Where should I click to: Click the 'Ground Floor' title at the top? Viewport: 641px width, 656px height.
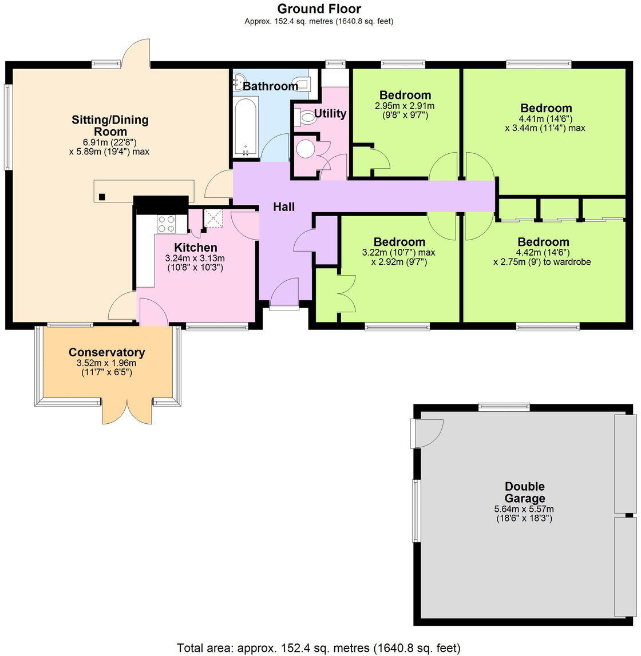pyautogui.click(x=319, y=9)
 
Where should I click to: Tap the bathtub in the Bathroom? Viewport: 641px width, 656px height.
pyautogui.click(x=246, y=126)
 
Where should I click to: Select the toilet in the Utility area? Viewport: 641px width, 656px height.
pyautogui.click(x=306, y=117)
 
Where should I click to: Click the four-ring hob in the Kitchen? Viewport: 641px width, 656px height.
pyautogui.click(x=167, y=223)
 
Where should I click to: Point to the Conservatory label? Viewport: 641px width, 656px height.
pyautogui.click(x=106, y=352)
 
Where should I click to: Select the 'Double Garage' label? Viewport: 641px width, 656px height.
pyautogui.click(x=524, y=492)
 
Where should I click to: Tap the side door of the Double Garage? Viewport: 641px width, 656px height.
pyautogui.click(x=426, y=432)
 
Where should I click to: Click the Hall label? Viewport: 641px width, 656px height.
pyautogui.click(x=283, y=207)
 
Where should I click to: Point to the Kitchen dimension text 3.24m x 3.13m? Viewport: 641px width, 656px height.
pyautogui.click(x=195, y=258)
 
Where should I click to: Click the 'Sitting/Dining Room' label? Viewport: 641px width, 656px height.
pyautogui.click(x=110, y=126)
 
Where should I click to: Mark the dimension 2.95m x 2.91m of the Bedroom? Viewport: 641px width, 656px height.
pyautogui.click(x=405, y=106)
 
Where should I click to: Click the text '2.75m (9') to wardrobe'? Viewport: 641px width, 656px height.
pyautogui.click(x=542, y=262)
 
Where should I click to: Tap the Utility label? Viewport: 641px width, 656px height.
pyautogui.click(x=330, y=113)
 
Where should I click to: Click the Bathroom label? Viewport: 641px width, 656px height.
pyautogui.click(x=270, y=86)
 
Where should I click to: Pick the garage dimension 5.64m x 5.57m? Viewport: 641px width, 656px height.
pyautogui.click(x=524, y=509)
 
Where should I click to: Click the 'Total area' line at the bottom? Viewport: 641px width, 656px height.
pyautogui.click(x=318, y=648)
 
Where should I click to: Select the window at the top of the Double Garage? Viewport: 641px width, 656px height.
pyautogui.click(x=504, y=407)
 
